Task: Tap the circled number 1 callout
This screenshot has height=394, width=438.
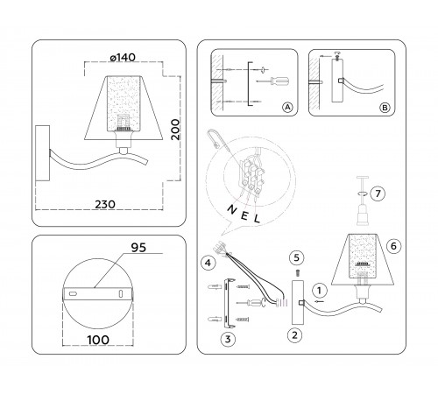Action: [321, 288]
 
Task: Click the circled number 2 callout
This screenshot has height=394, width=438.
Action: [294, 334]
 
